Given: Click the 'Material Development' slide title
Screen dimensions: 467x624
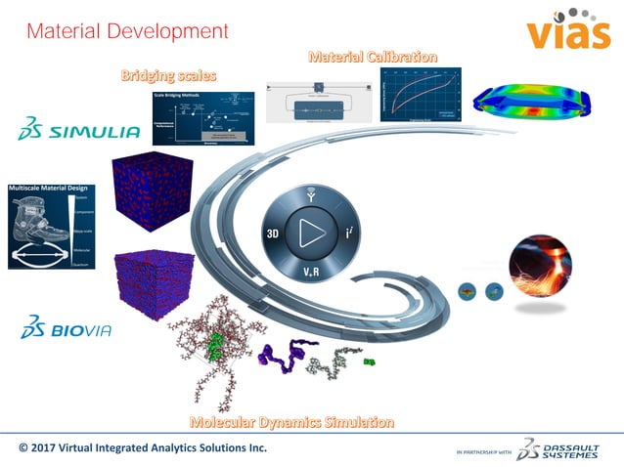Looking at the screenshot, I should point(127,31).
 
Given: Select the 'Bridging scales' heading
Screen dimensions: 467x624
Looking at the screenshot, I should point(168,75).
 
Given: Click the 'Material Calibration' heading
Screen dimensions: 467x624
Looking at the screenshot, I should point(373,57).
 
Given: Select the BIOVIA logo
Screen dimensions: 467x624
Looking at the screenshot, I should point(67,327).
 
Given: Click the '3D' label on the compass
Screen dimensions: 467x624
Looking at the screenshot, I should point(275,234).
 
